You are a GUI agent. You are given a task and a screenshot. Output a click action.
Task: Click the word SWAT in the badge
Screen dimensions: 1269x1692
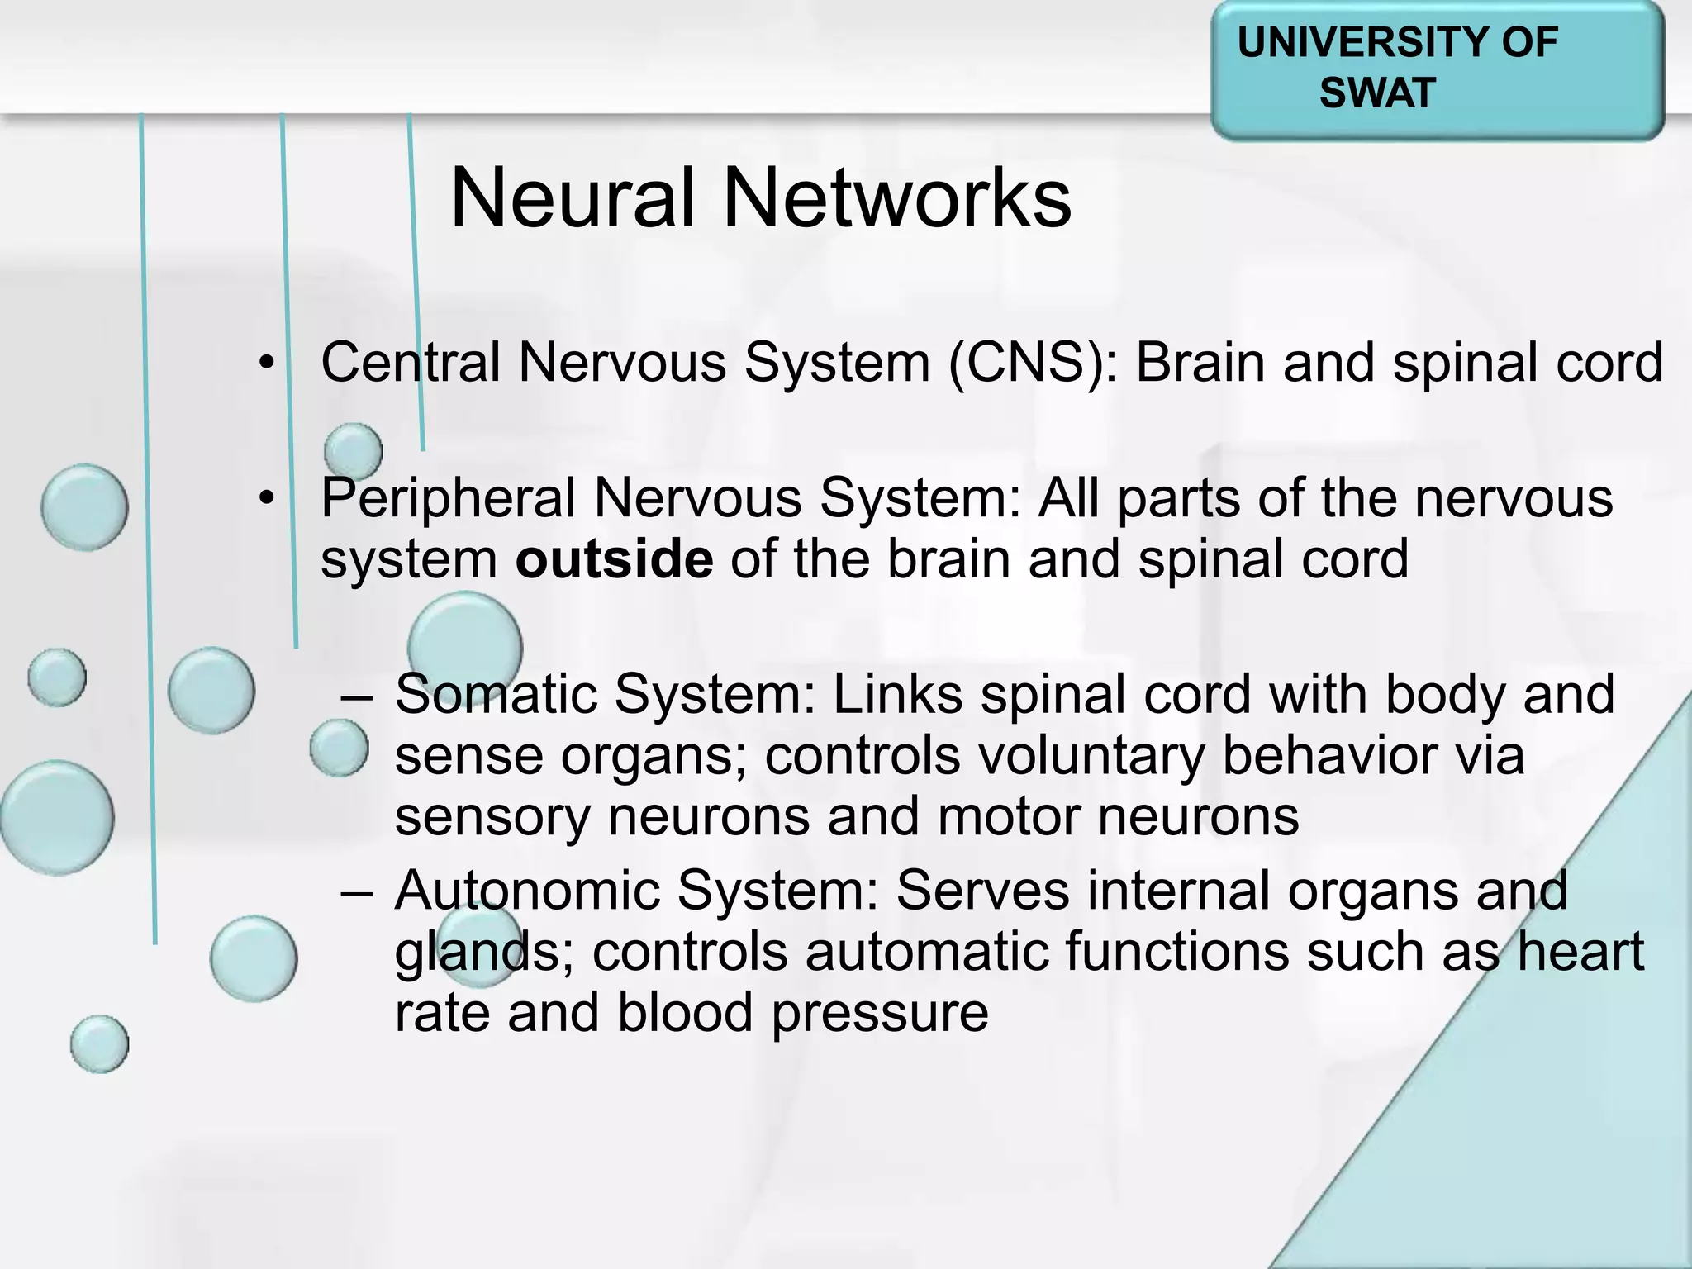[x=1377, y=92]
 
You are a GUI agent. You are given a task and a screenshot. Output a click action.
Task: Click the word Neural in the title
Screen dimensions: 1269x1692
[x=572, y=198]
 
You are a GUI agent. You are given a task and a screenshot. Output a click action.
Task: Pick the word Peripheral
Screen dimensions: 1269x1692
[x=448, y=498]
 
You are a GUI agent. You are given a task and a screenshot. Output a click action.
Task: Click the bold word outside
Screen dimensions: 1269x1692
[x=614, y=559]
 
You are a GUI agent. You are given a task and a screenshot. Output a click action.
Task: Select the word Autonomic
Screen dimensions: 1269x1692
[x=527, y=891]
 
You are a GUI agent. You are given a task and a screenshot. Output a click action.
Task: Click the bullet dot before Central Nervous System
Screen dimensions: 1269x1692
[x=265, y=364]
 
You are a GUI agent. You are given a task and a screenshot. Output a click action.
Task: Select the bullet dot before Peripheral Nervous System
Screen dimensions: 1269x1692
[x=265, y=499]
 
